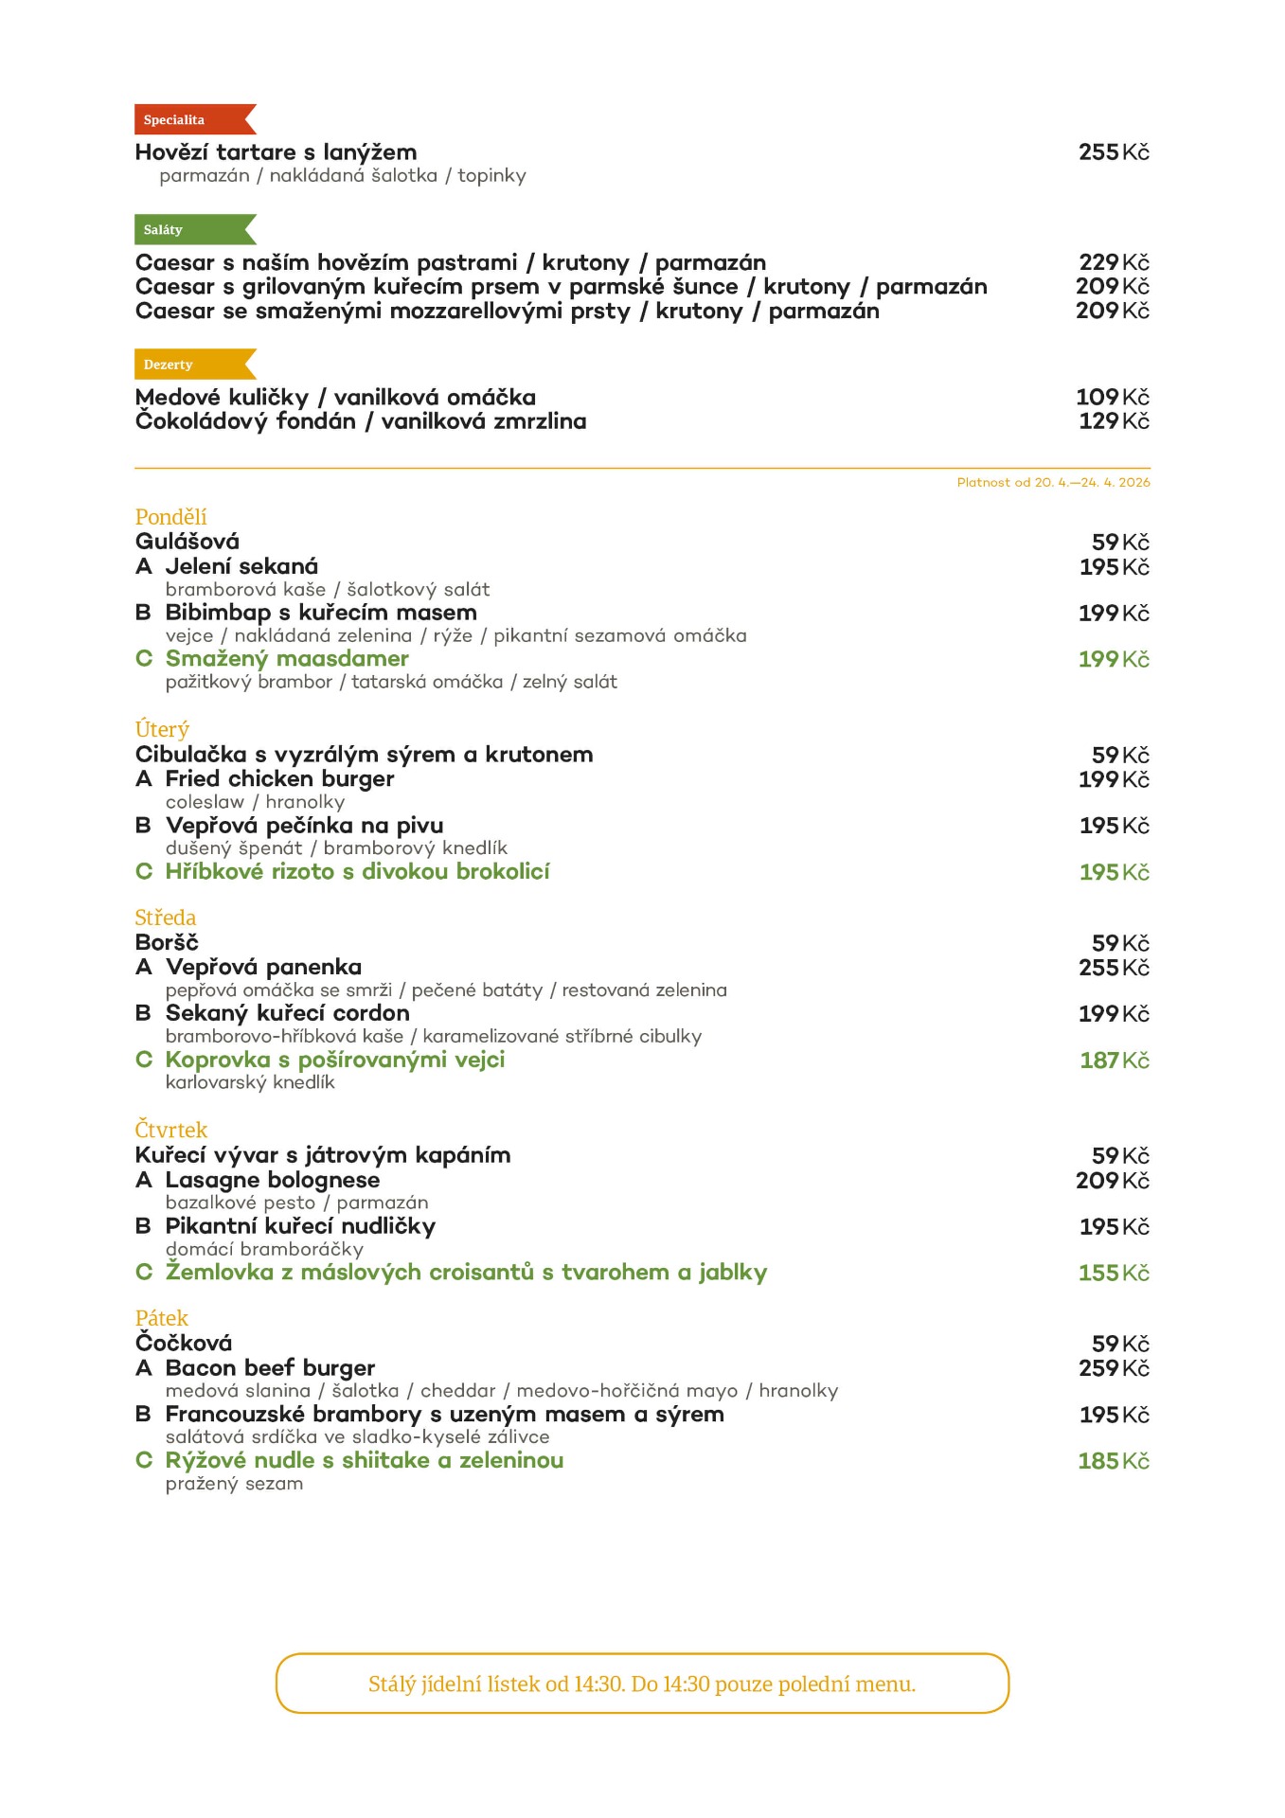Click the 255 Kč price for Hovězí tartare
(1114, 152)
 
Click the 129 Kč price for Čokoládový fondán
(1114, 421)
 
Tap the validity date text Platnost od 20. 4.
(1053, 483)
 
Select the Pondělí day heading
(170, 517)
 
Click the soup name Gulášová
(187, 542)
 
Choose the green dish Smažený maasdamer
(287, 659)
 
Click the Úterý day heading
(162, 730)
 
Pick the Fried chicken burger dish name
(279, 779)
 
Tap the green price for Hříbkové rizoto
(1114, 872)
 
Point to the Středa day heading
(166, 918)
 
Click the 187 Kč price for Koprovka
(1114, 1060)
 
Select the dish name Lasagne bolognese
(273, 1181)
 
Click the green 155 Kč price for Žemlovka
(1114, 1274)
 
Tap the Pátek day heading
(162, 1318)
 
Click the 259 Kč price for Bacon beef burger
(1114, 1368)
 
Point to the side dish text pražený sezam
(235, 1484)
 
